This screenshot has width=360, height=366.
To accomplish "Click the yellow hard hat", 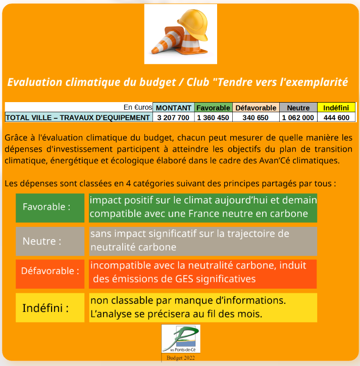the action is (x=193, y=24).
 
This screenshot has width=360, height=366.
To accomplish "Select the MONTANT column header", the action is (x=174, y=108).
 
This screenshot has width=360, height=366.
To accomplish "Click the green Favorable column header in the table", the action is (x=214, y=108).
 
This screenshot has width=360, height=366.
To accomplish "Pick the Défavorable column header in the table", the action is (x=256, y=108).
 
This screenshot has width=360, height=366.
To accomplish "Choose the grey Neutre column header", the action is (x=298, y=108).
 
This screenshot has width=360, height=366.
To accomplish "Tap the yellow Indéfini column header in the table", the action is (x=336, y=108).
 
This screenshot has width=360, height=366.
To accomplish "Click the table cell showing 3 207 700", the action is (x=173, y=117).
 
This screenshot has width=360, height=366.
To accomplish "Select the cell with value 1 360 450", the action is (x=213, y=117).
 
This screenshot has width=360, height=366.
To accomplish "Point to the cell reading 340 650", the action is (x=255, y=117).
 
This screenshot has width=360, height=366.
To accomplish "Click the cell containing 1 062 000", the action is (x=298, y=117).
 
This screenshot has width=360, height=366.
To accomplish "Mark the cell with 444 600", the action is (x=336, y=117).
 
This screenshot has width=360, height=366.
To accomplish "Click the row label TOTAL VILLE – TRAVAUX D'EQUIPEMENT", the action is (x=78, y=117).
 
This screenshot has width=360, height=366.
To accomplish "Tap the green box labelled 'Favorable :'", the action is (x=50, y=208).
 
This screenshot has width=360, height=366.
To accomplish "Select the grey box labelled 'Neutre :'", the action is (x=50, y=241).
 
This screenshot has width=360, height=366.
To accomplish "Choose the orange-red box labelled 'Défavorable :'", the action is (x=50, y=274).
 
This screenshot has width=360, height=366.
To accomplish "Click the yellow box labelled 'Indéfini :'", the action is (x=50, y=308).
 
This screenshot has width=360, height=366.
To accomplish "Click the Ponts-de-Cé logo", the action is (x=181, y=339).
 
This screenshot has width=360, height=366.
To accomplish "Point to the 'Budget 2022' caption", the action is (x=181, y=358).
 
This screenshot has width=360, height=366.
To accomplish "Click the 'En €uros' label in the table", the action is (x=138, y=107).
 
